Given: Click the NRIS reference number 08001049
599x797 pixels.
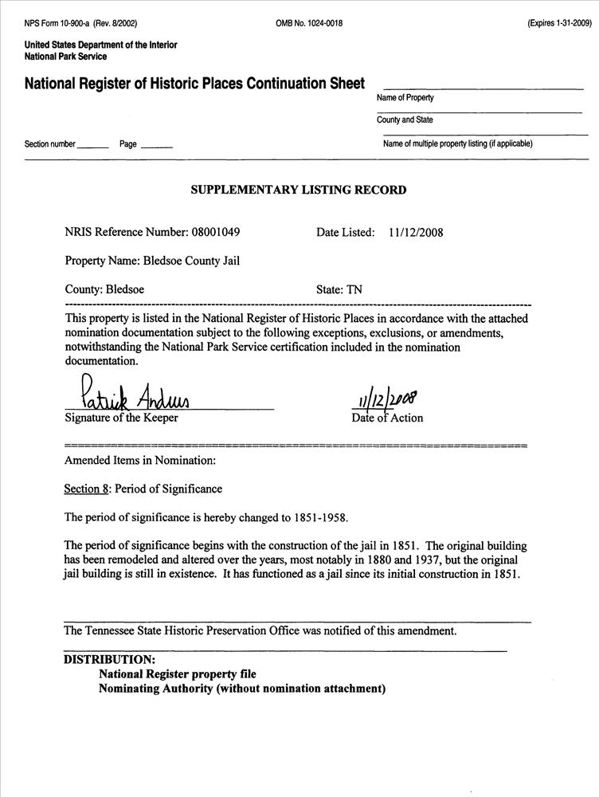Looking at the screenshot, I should (215, 233).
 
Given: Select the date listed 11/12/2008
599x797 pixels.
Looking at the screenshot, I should (417, 233).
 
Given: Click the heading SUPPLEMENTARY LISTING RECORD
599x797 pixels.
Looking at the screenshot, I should (299, 190).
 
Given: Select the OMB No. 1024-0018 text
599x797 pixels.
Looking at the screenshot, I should (309, 24).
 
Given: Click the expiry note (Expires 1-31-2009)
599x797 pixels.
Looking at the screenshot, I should (559, 24).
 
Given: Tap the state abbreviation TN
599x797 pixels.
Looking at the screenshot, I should (354, 290).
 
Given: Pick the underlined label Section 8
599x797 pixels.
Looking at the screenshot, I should (87, 489).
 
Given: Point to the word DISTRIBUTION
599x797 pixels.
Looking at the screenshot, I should (109, 659).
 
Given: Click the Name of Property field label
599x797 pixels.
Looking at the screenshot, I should (405, 98).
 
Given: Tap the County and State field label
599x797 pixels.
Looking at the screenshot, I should (405, 120).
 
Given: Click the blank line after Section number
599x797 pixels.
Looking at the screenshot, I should (94, 145).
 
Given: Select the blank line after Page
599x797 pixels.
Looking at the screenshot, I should (156, 145).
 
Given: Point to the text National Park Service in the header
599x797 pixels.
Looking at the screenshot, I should (65, 57).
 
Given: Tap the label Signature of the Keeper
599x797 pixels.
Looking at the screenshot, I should (121, 418).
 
